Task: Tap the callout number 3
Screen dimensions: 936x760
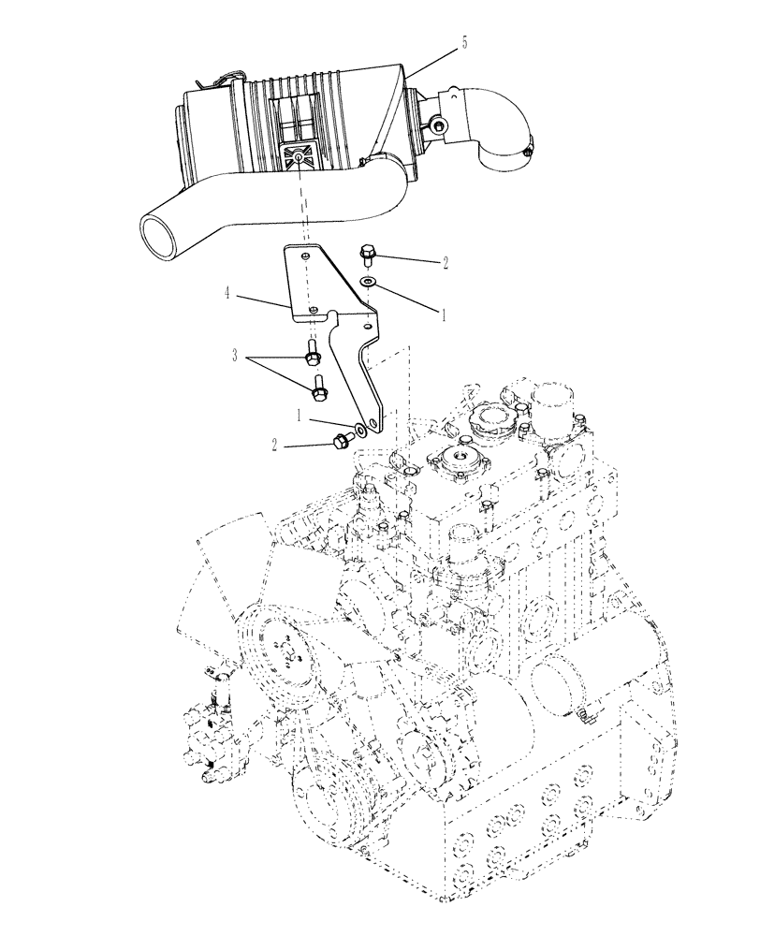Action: (239, 356)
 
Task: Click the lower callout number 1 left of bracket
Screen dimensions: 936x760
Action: (300, 414)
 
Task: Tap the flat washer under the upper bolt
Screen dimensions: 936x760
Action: (369, 281)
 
